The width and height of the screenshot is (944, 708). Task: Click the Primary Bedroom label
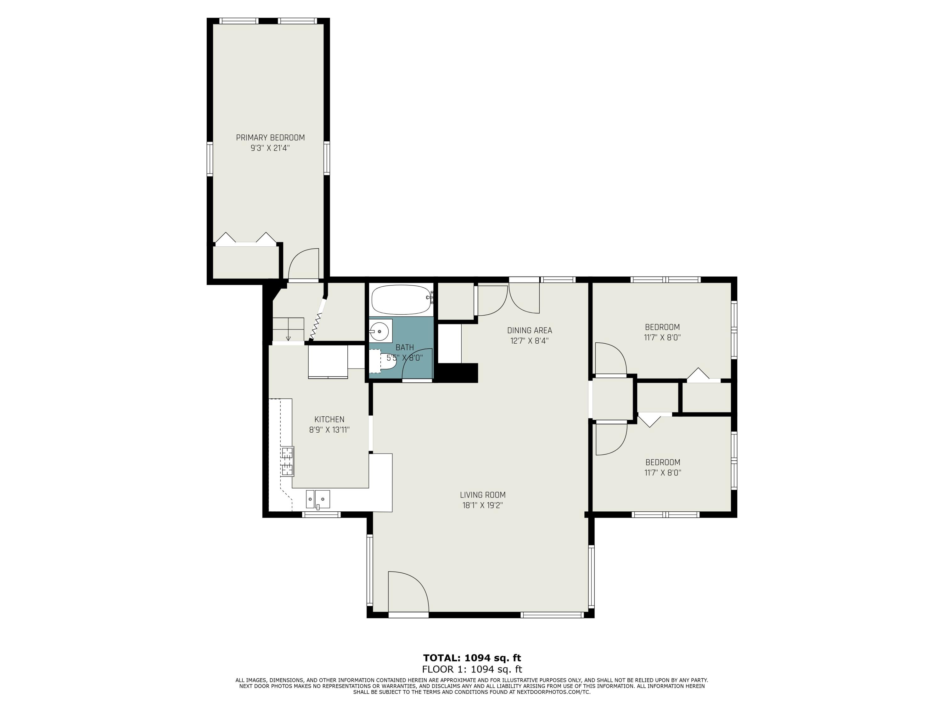coord(270,138)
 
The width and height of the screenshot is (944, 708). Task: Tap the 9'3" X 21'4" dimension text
coord(270,148)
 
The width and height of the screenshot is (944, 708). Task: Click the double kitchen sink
coord(317,499)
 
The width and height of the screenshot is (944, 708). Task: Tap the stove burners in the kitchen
coord(287,461)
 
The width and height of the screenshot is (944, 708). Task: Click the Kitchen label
coord(329,419)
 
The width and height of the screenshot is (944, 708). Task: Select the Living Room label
coord(483,495)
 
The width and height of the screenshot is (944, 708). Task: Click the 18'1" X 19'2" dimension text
coord(483,505)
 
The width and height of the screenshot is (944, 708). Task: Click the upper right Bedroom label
coord(662,327)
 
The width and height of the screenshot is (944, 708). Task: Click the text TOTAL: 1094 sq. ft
coord(472,658)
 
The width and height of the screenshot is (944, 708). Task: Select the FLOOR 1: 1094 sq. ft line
coord(472,669)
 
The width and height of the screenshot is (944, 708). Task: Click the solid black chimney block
coord(456,373)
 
